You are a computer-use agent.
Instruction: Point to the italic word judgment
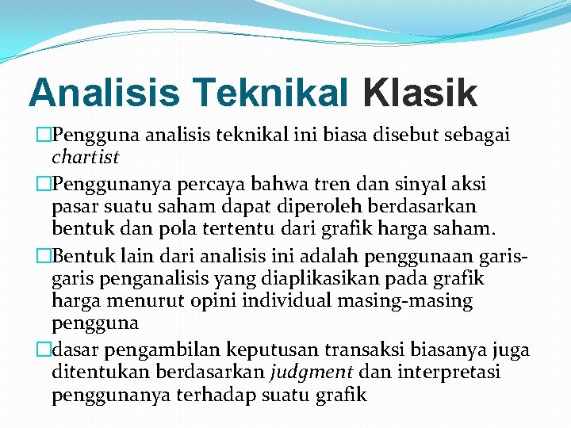pyautogui.click(x=311, y=373)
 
